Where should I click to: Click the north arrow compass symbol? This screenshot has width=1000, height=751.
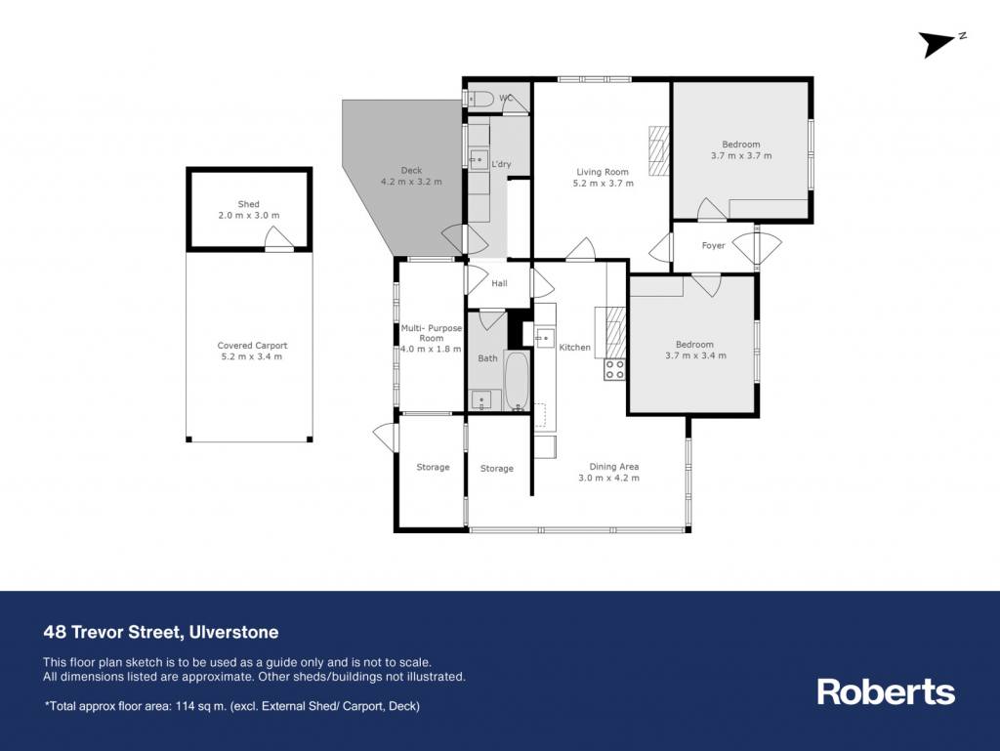tap(942, 43)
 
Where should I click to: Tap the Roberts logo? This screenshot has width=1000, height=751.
tap(886, 691)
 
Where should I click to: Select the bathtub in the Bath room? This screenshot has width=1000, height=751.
tap(517, 381)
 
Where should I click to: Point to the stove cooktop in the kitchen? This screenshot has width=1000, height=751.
tap(615, 370)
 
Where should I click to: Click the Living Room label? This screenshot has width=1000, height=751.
tap(603, 172)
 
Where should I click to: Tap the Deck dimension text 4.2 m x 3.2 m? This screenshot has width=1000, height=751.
tap(411, 182)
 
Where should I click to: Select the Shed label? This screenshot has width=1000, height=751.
tap(249, 204)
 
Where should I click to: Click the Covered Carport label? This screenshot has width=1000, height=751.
tap(253, 346)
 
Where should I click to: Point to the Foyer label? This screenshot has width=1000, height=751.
tap(713, 245)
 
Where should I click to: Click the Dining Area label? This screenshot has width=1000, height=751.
tap(614, 467)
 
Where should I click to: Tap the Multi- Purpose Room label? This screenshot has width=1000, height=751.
tap(431, 333)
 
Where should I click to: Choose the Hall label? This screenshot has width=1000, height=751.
tap(499, 283)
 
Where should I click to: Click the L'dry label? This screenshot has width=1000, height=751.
tap(501, 164)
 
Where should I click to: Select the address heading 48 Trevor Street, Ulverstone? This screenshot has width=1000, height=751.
tap(161, 633)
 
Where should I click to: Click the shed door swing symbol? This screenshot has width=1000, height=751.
tap(279, 238)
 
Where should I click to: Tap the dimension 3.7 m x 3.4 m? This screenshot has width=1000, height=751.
tap(695, 355)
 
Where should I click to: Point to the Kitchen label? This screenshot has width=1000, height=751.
tap(574, 348)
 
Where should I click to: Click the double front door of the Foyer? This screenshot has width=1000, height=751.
tap(757, 245)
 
